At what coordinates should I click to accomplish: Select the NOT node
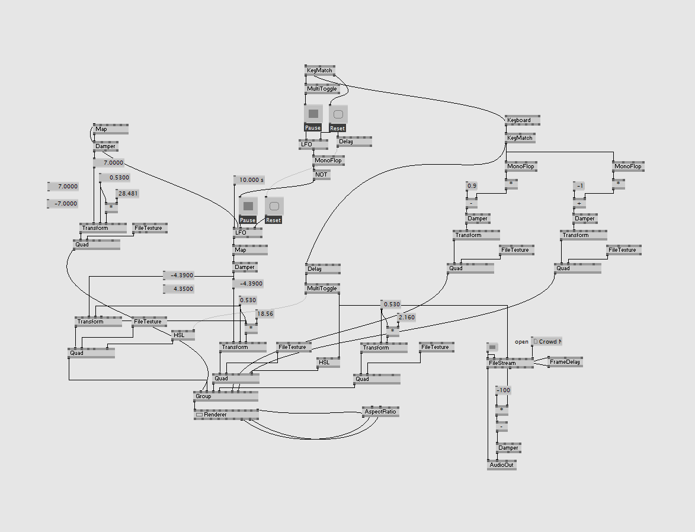pyautogui.click(x=321, y=175)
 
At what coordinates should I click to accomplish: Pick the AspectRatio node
pyautogui.click(x=380, y=411)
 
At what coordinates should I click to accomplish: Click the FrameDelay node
pyautogui.click(x=565, y=361)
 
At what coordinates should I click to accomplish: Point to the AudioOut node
pyautogui.click(x=501, y=465)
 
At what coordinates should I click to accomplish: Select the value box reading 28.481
pyautogui.click(x=127, y=193)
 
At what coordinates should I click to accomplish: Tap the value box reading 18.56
pyautogui.click(x=264, y=314)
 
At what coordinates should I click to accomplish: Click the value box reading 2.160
pyautogui.click(x=406, y=318)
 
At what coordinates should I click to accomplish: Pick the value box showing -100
pyautogui.click(x=503, y=390)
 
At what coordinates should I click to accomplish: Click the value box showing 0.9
pyautogui.click(x=472, y=186)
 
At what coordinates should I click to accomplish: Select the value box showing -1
pyautogui.click(x=579, y=186)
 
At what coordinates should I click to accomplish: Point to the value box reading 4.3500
pyautogui.click(x=179, y=289)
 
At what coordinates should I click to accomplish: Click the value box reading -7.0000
pyautogui.click(x=63, y=204)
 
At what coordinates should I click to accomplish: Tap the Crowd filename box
pyautogui.click(x=546, y=342)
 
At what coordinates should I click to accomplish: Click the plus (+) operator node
pyautogui.click(x=579, y=203)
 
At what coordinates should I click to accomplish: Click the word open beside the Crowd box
pyautogui.click(x=521, y=342)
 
